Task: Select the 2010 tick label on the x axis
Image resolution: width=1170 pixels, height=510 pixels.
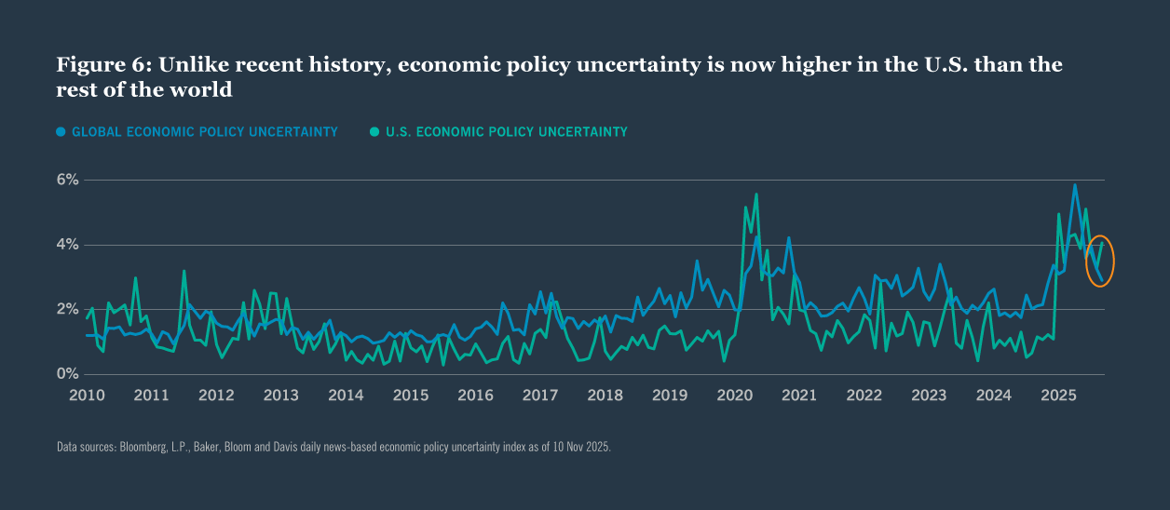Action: click(87, 395)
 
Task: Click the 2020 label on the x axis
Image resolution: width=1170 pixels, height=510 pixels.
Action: click(735, 395)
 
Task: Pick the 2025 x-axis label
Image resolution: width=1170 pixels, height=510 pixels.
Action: click(1059, 395)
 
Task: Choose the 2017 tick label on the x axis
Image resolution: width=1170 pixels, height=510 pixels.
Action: click(540, 395)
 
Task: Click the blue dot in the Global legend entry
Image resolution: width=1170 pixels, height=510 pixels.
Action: click(61, 132)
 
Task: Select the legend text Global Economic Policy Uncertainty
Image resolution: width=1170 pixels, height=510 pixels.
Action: click(204, 132)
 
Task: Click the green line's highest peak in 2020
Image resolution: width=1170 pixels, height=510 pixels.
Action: click(755, 195)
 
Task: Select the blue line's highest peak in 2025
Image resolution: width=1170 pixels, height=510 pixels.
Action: click(1075, 184)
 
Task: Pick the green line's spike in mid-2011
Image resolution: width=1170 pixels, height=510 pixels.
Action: click(184, 271)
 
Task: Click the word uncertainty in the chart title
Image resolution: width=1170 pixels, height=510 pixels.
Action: click(613, 65)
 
